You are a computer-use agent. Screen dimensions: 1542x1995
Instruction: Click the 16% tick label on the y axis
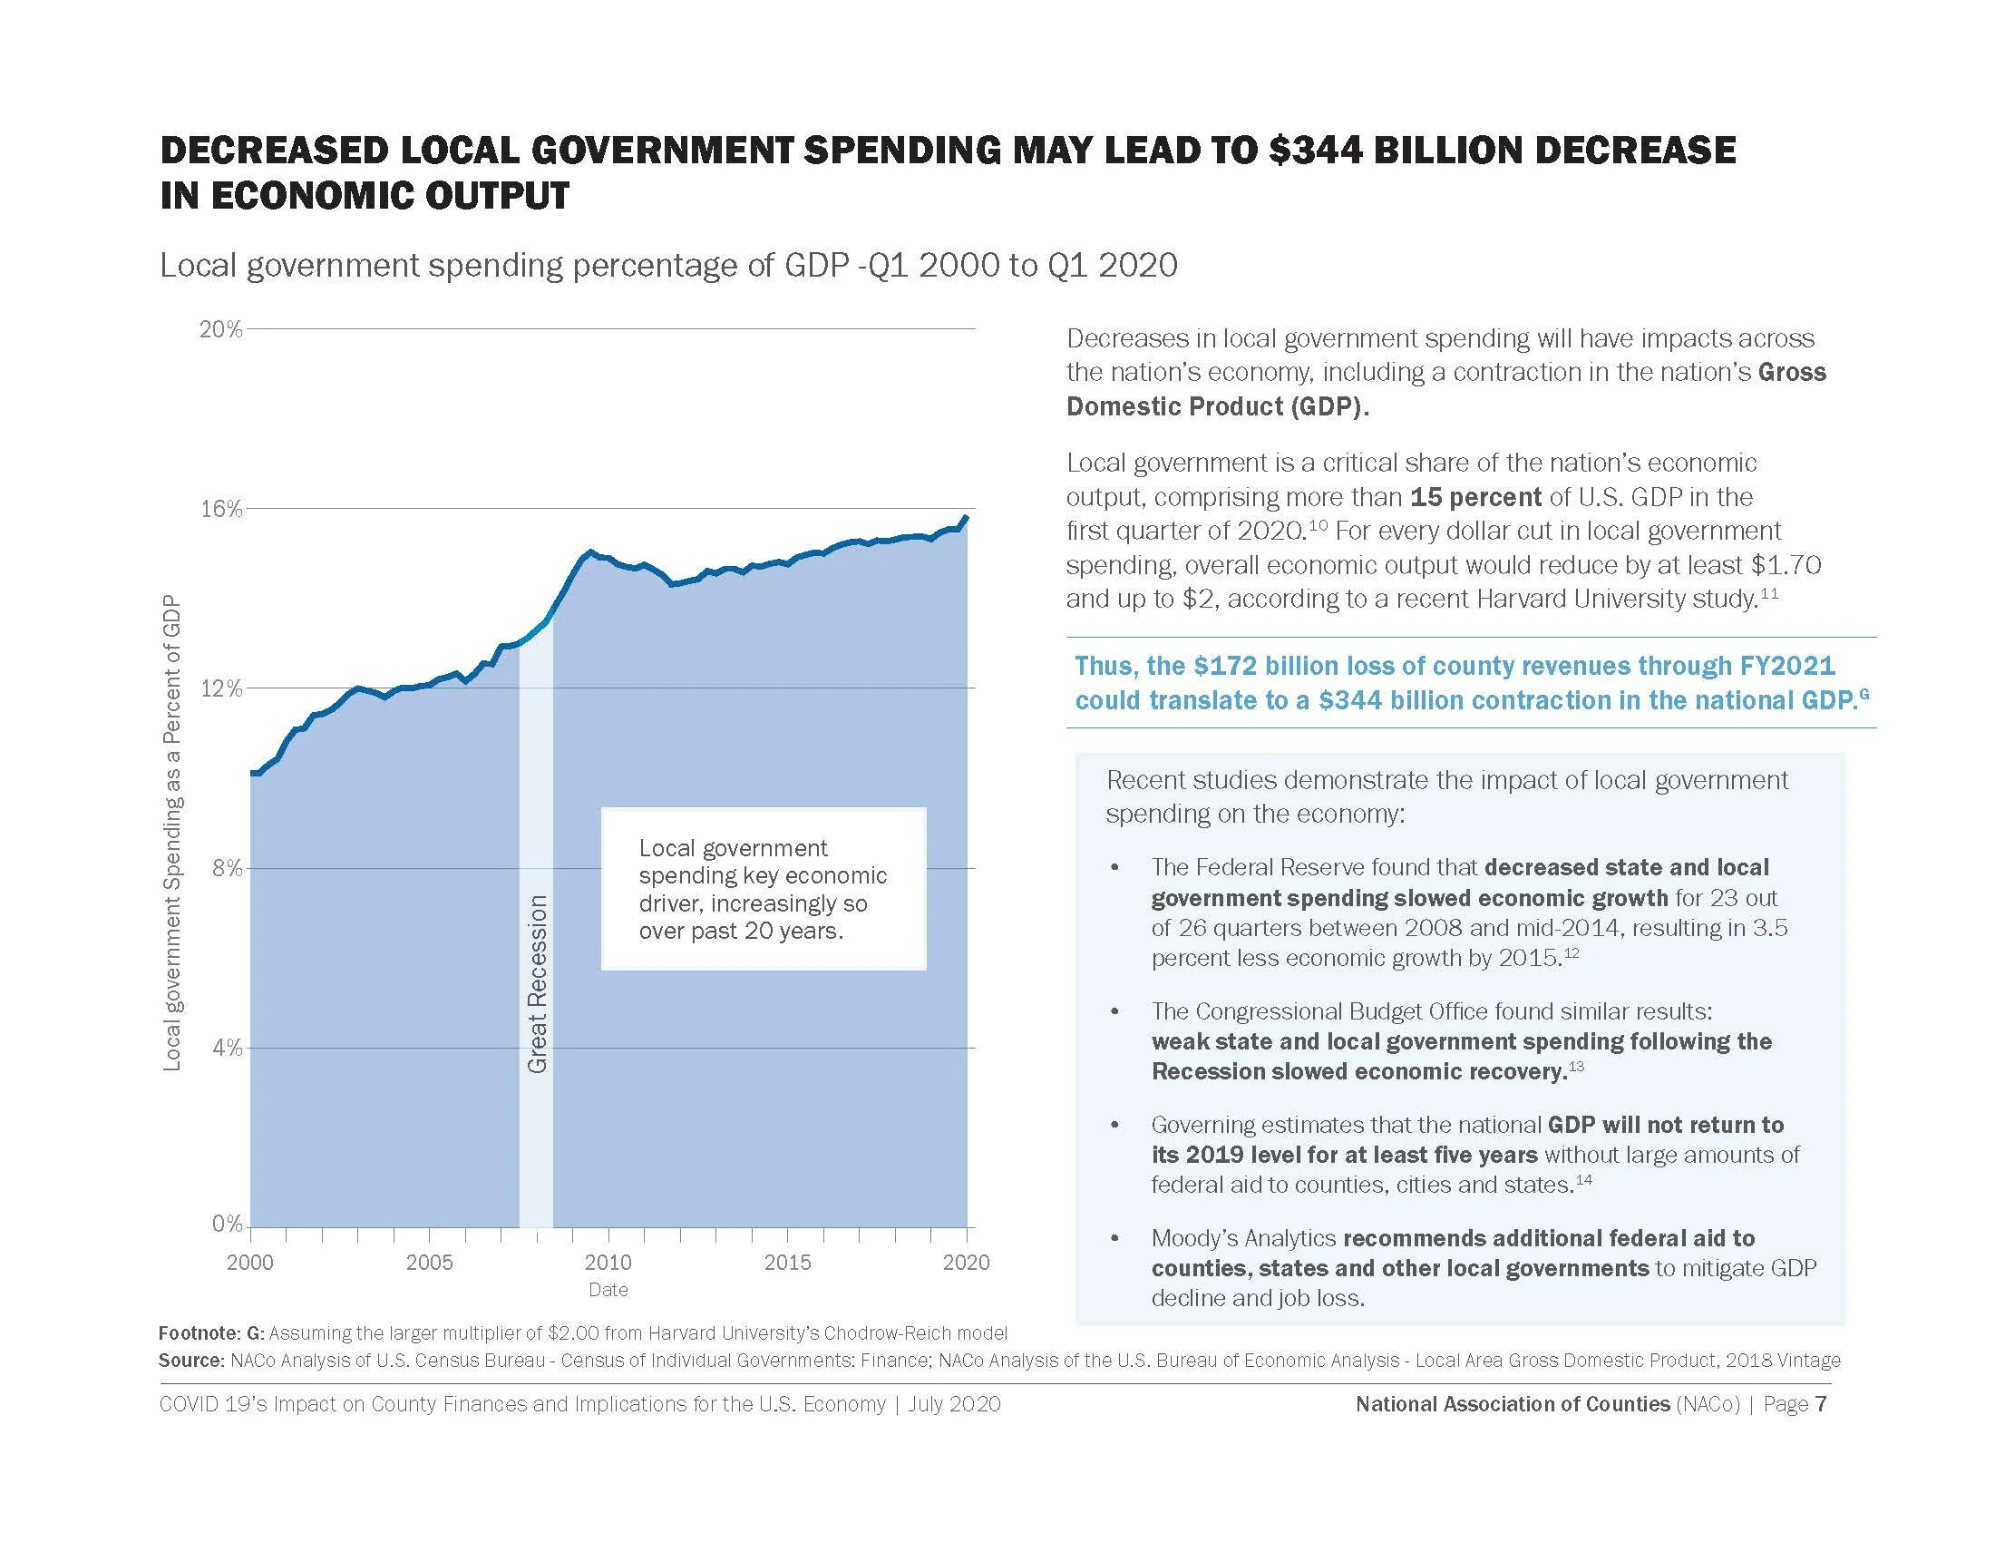coord(221,509)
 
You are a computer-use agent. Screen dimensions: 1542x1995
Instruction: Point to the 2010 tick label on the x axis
coord(608,1263)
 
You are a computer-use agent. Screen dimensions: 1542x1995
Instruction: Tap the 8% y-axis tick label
coord(228,868)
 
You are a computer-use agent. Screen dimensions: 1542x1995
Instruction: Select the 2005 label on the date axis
coord(429,1263)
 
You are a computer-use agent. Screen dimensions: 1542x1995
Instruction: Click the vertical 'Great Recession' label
coord(537,984)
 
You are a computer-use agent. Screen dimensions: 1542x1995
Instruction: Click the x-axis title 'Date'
coord(608,1290)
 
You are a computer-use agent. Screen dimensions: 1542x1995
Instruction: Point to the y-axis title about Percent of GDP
coord(171,832)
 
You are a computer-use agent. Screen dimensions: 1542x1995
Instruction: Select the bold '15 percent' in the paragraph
coord(1475,497)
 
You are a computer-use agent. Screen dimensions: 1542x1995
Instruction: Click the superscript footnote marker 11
coord(1769,594)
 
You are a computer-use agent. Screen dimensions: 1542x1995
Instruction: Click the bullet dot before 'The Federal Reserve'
coord(1114,867)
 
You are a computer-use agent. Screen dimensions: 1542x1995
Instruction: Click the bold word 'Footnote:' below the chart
coord(199,1332)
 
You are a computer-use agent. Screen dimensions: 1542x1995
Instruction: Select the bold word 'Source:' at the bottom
coord(191,1361)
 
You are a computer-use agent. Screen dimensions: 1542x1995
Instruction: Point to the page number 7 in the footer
coord(1821,1404)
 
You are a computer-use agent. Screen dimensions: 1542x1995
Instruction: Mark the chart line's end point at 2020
coord(967,517)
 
